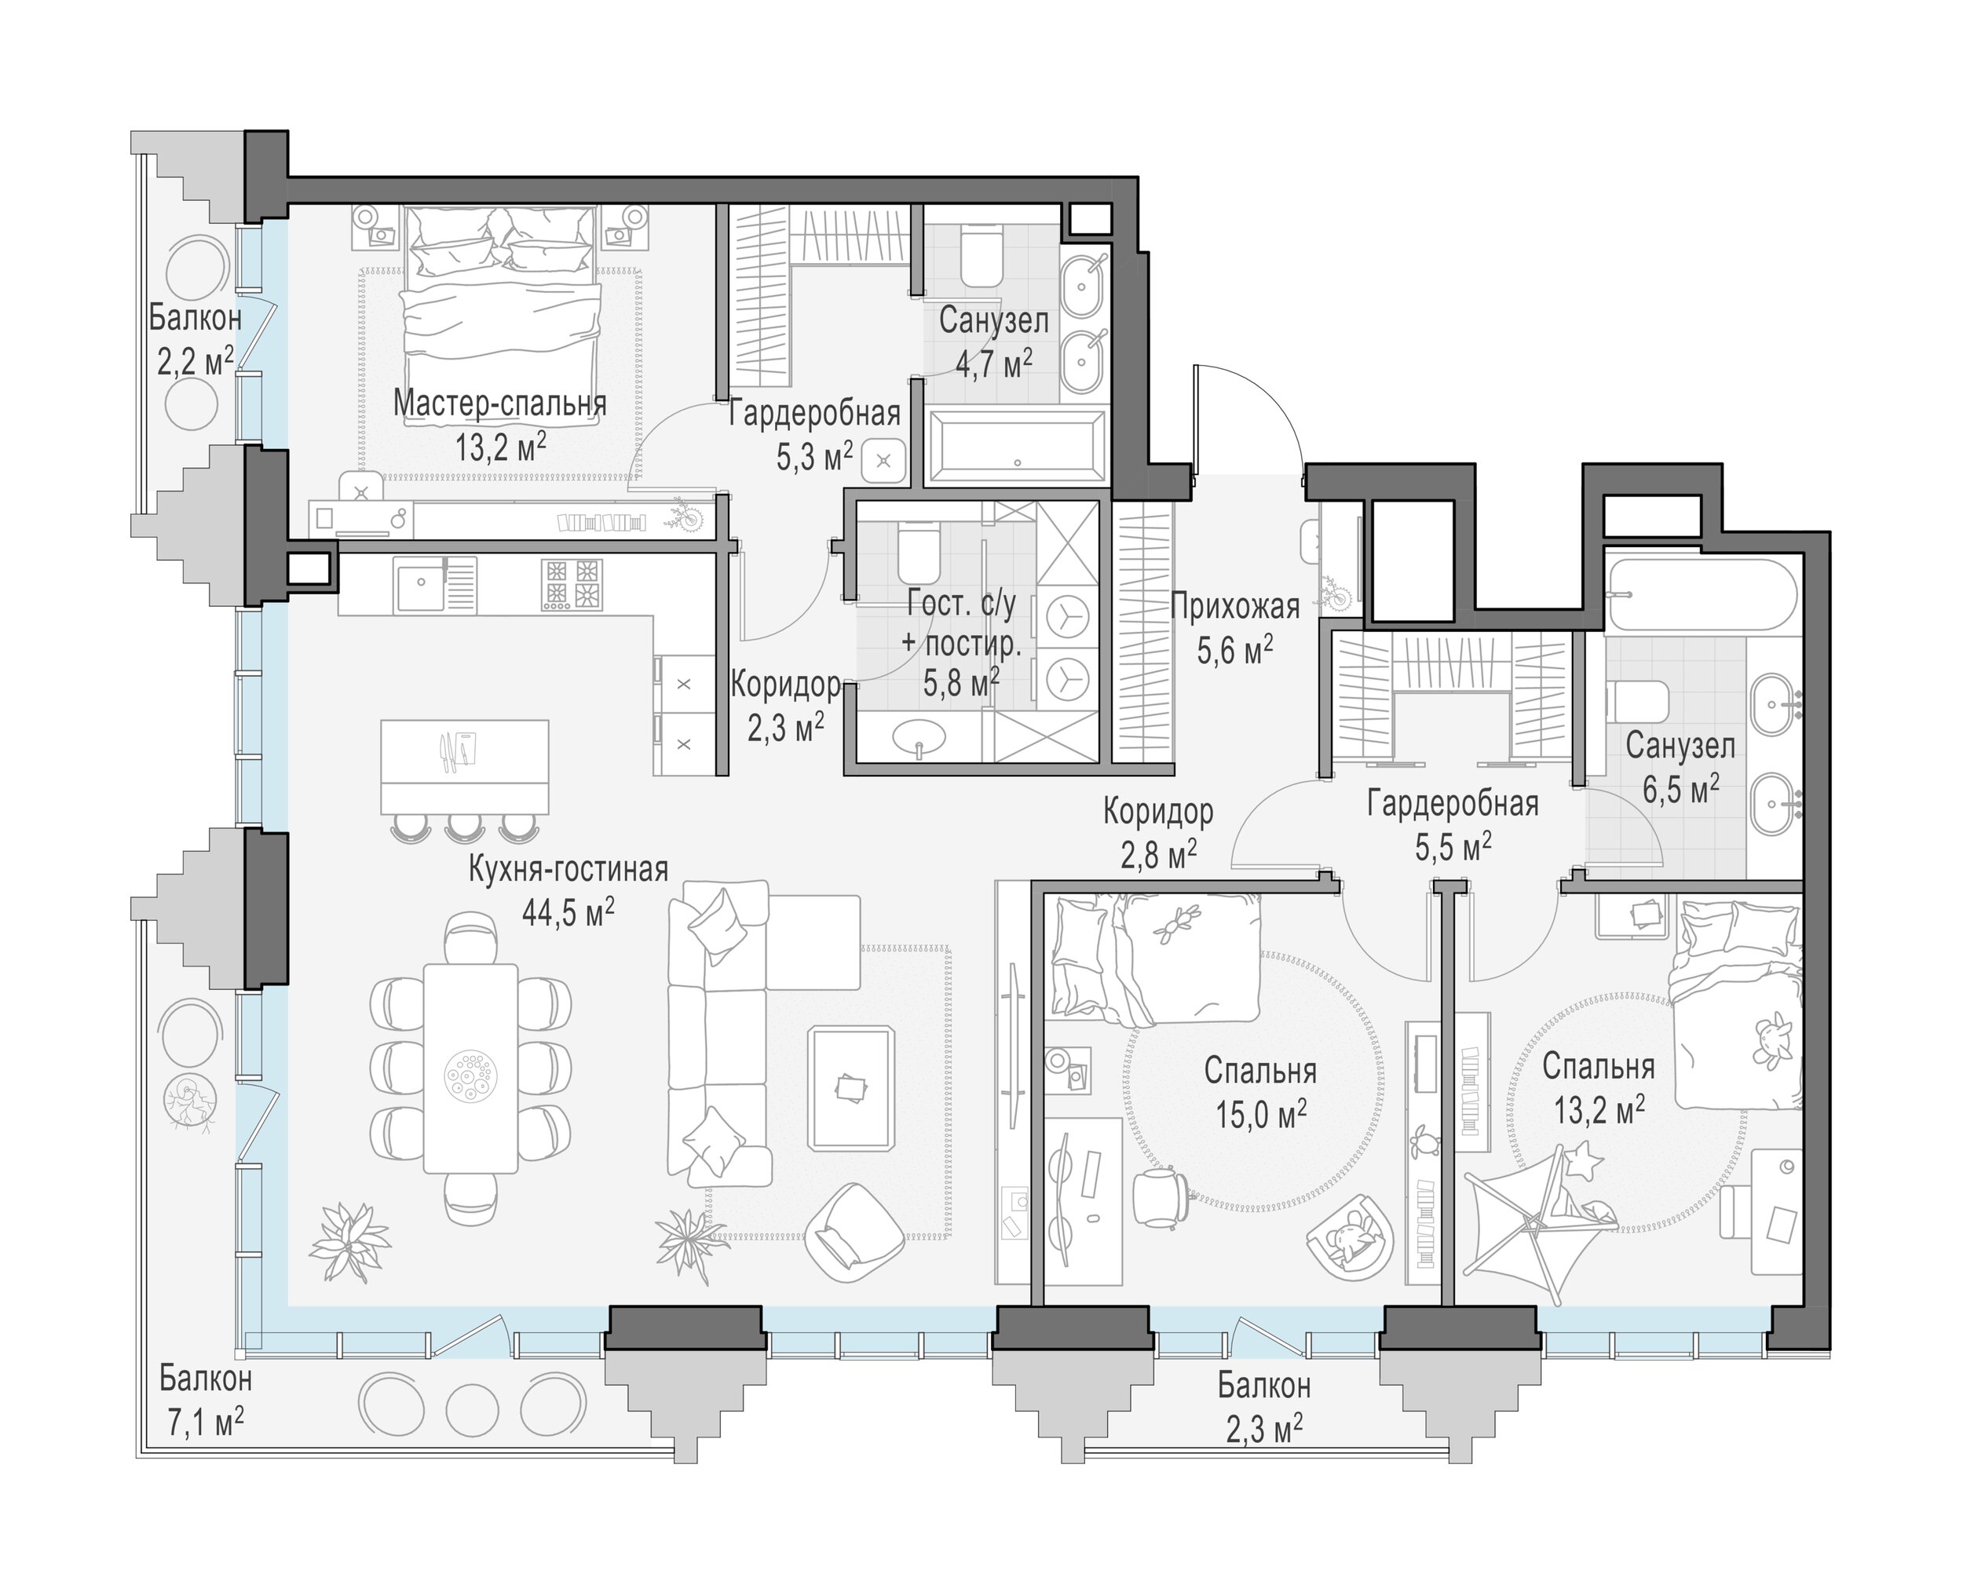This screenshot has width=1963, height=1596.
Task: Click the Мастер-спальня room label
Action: click(500, 404)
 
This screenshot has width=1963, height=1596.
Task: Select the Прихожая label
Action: click(1235, 607)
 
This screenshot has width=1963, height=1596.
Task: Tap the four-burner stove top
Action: click(570, 585)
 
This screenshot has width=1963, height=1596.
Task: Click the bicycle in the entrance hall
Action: click(1336, 593)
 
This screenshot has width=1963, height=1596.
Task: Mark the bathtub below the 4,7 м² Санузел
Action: click(1017, 447)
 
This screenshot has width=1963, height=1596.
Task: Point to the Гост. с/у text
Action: click(962, 604)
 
